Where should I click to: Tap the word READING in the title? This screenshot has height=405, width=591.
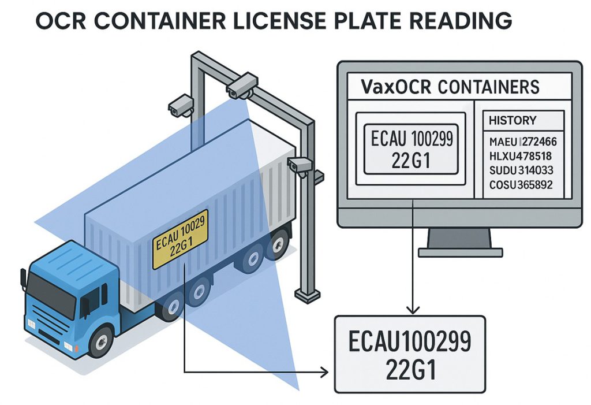point(456,21)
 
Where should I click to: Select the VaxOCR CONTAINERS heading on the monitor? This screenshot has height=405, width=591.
point(450,88)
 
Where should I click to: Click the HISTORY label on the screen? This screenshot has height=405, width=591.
point(512,121)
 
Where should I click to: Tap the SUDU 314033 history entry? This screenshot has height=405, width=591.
point(521,171)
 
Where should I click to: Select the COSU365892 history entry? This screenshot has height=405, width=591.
point(521,185)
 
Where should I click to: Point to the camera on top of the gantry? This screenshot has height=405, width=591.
point(242,85)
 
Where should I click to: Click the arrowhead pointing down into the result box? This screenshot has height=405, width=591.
point(413,308)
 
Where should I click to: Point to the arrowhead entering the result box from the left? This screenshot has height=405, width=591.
point(329,373)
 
